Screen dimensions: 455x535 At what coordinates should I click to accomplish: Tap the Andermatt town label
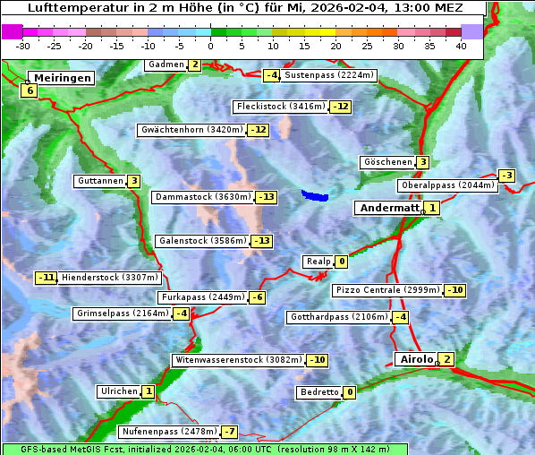[x=389, y=208]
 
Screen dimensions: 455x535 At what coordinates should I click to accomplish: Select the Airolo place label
[x=416, y=359]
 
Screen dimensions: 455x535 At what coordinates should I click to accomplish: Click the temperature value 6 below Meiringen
[x=30, y=90]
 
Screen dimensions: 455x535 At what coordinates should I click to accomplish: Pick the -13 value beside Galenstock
[x=261, y=241]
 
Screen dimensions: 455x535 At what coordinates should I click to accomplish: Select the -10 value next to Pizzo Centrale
[x=455, y=290]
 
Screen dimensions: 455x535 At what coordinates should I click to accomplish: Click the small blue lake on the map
[x=315, y=194]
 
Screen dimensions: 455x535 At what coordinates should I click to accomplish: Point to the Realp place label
[x=318, y=262]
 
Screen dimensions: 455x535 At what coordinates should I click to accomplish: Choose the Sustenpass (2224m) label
[x=330, y=75]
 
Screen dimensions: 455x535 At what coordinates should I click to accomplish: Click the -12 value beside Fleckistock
[x=340, y=107]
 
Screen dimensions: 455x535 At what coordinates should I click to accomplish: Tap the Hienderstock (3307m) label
[x=98, y=278]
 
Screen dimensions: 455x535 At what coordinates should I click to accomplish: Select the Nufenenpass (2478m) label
[x=169, y=432]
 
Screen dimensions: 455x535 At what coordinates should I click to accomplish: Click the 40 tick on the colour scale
[x=461, y=45]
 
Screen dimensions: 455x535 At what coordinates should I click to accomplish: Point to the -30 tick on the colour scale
[x=23, y=45]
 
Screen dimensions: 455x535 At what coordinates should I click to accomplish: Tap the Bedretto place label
[x=319, y=392]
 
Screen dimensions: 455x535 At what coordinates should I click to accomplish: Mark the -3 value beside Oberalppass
[x=507, y=176]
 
